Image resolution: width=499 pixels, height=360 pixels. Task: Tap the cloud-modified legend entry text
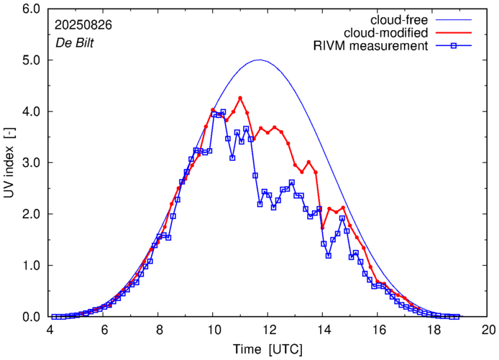387,32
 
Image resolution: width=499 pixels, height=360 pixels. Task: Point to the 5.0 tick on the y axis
30,60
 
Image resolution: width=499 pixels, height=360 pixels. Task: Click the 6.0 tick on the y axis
30,9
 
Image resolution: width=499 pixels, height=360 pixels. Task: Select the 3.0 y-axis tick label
30,163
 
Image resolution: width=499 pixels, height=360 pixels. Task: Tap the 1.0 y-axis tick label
30,265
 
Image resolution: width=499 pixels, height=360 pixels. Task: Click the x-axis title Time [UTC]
268,349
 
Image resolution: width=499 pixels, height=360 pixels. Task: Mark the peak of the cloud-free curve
260,60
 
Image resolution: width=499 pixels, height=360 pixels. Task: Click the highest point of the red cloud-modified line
240,98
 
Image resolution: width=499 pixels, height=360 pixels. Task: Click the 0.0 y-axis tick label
30,316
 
